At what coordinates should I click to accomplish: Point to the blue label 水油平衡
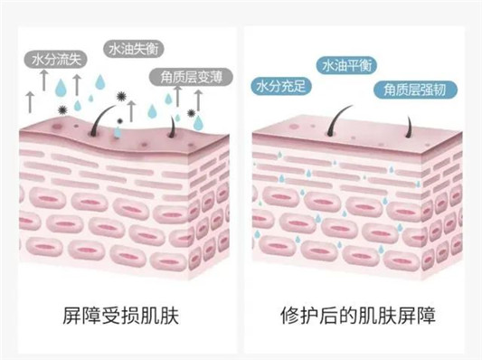(x=347, y=66)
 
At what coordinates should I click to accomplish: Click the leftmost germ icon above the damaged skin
(x=61, y=109)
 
